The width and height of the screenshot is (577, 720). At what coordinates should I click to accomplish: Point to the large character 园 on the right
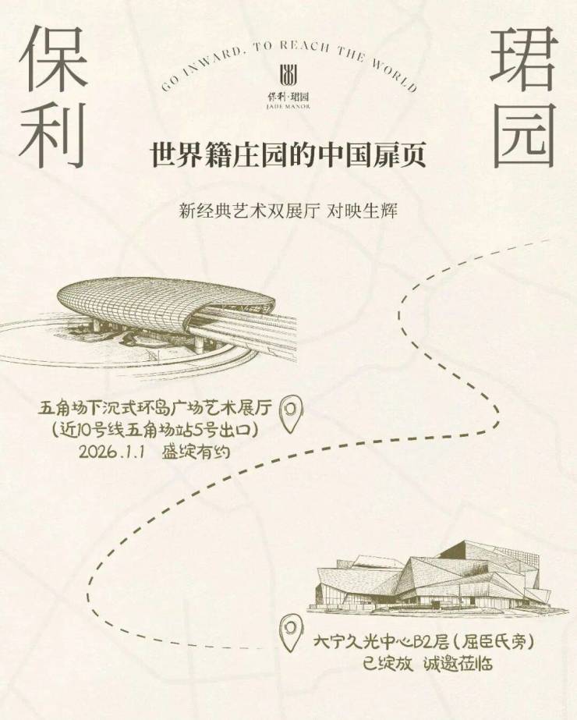(x=524, y=134)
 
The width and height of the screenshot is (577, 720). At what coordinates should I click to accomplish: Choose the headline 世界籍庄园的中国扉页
(x=288, y=154)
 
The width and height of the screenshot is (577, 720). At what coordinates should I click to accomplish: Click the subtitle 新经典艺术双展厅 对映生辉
(x=288, y=211)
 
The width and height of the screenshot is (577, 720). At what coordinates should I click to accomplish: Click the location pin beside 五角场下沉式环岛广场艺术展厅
(x=290, y=412)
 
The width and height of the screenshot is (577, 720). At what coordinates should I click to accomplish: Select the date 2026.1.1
(x=114, y=452)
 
